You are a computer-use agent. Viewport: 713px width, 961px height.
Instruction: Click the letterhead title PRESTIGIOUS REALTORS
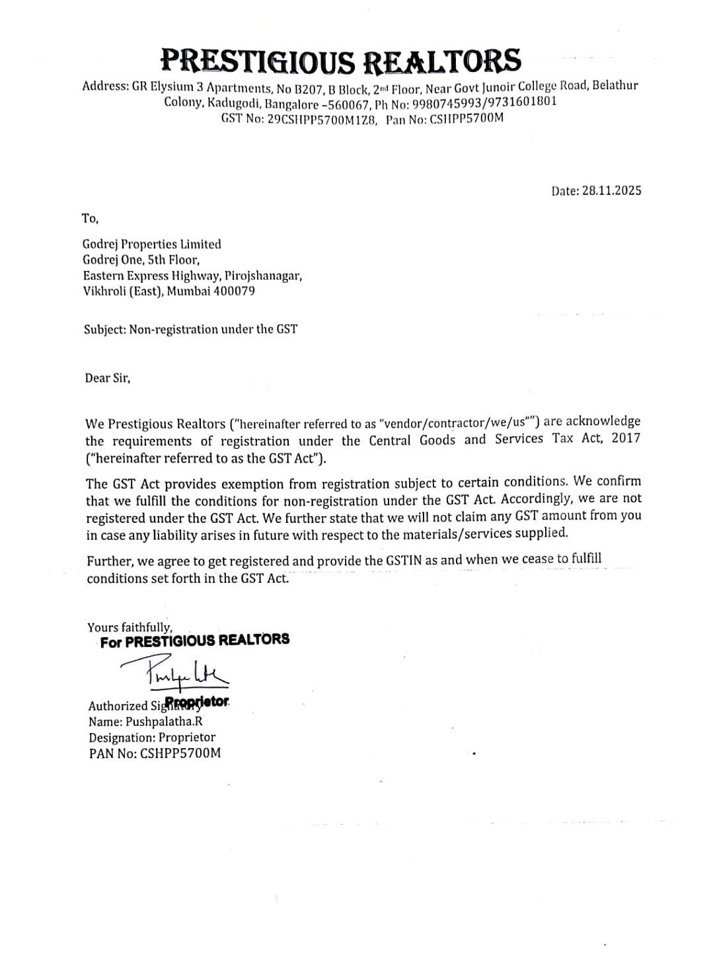click(x=341, y=61)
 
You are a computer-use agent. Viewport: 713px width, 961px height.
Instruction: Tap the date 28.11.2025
click(x=611, y=190)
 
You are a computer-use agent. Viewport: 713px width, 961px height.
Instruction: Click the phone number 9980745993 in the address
click(x=448, y=102)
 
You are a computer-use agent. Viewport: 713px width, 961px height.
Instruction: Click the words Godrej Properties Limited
click(x=152, y=244)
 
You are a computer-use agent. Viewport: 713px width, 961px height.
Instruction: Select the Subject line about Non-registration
click(x=190, y=329)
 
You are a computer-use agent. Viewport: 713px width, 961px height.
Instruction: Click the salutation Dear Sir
click(x=108, y=378)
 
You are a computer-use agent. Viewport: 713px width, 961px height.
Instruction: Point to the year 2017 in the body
click(x=626, y=438)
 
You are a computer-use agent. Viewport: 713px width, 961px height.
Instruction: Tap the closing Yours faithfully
click(x=130, y=627)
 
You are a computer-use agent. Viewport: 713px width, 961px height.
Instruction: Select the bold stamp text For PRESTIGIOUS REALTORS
click(x=195, y=640)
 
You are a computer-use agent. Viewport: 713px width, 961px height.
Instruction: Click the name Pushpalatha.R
click(x=164, y=721)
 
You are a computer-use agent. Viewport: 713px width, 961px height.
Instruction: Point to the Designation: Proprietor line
click(x=152, y=737)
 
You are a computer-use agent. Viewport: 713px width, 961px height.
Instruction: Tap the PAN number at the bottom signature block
click(x=180, y=753)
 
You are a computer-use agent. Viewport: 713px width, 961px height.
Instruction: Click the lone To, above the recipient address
click(x=90, y=218)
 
